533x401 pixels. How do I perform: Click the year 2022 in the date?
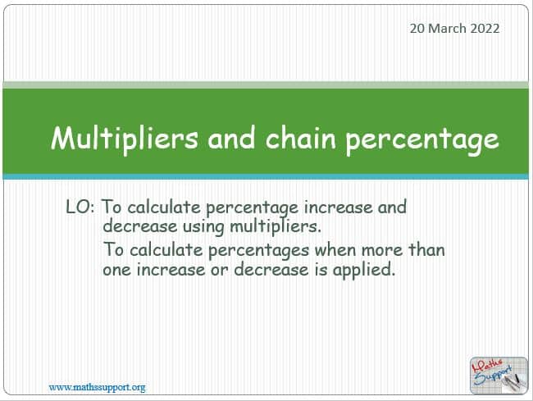point(485,28)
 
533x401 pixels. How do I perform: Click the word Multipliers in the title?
point(125,139)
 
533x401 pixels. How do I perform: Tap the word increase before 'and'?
point(338,207)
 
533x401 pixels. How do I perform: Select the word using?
point(203,227)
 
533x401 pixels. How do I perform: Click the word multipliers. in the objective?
point(275,226)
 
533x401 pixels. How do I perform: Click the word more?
point(382,251)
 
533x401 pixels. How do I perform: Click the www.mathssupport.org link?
point(98,388)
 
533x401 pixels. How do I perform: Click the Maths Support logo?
point(499,376)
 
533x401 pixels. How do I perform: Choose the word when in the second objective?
point(335,250)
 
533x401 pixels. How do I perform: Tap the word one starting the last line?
point(117,271)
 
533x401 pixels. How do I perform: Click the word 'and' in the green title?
point(231,138)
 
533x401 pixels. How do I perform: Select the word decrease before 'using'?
point(140,226)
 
